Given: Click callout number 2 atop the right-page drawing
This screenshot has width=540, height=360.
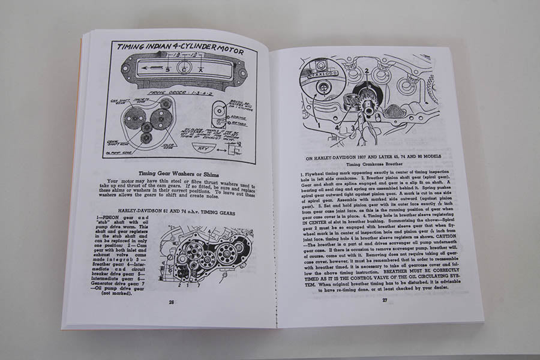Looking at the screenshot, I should (365, 72).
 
